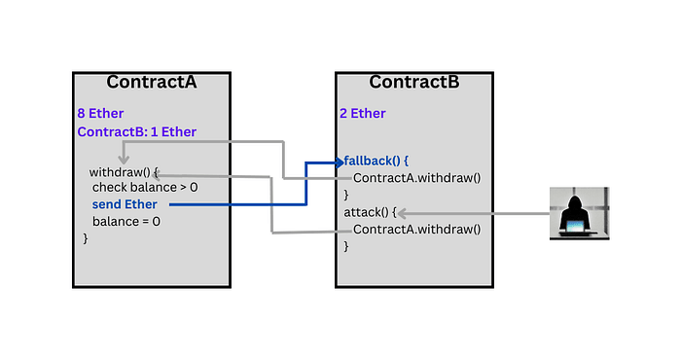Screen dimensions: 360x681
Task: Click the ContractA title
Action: (x=152, y=82)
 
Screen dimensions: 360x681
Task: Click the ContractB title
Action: (x=413, y=82)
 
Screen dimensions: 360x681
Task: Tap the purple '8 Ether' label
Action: (x=100, y=114)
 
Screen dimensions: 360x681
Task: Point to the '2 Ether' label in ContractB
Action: (x=362, y=114)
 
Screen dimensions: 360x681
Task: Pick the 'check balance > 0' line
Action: (x=144, y=187)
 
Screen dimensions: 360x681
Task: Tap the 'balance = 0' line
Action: (x=126, y=221)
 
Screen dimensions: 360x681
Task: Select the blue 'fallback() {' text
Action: (x=377, y=161)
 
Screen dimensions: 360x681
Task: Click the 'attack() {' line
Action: (x=371, y=212)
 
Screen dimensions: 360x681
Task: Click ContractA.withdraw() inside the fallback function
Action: (x=417, y=178)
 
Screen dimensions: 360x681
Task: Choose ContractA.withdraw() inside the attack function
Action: (x=417, y=230)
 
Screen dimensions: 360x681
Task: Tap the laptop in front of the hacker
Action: (x=578, y=228)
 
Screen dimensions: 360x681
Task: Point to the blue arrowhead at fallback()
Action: (x=340, y=161)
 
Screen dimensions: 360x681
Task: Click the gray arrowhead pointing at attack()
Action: (x=398, y=212)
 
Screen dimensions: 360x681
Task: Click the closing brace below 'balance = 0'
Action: (x=86, y=237)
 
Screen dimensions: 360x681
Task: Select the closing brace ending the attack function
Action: (x=346, y=246)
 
